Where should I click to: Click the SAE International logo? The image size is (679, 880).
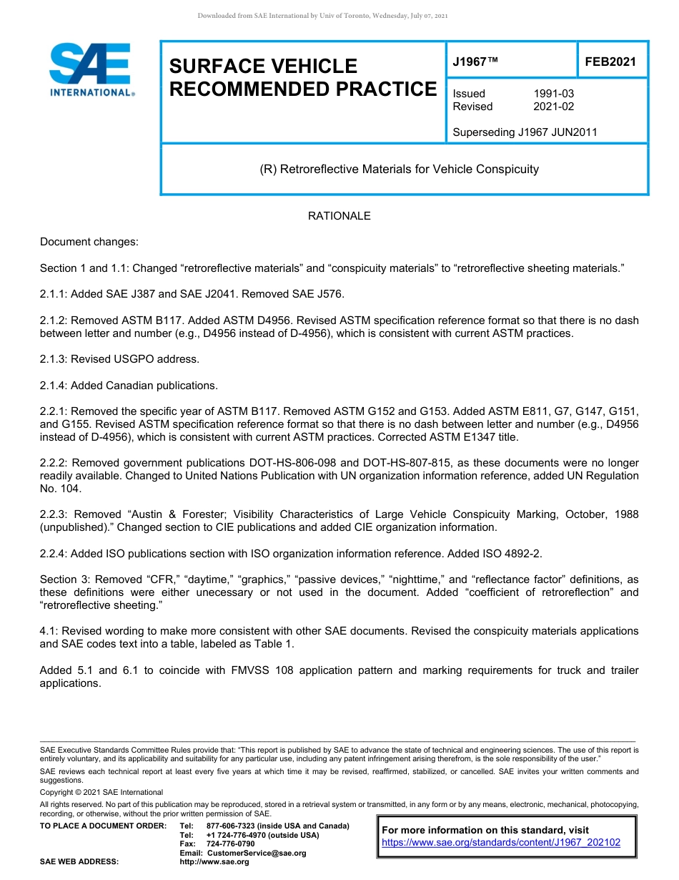point(91,69)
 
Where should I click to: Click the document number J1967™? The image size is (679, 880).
point(475,62)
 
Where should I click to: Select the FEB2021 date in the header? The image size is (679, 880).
point(610,62)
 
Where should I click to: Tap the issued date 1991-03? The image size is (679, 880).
point(553,94)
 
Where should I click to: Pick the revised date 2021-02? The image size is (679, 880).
point(553,107)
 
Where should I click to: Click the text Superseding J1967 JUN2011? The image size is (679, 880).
point(525,132)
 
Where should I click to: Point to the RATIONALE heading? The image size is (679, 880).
point(339,216)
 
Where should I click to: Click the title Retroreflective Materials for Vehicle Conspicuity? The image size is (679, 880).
point(399,170)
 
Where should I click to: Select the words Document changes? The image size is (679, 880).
point(89,243)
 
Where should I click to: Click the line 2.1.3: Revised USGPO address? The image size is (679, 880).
point(119,359)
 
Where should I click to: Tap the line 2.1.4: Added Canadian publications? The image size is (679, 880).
point(129,386)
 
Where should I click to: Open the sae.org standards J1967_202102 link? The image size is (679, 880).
point(501,843)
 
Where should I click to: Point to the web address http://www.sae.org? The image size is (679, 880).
point(214,862)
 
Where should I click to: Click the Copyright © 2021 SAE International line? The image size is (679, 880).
point(101,792)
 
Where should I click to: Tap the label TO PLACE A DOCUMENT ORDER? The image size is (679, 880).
point(103,826)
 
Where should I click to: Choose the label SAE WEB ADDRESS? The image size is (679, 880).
point(79,862)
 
